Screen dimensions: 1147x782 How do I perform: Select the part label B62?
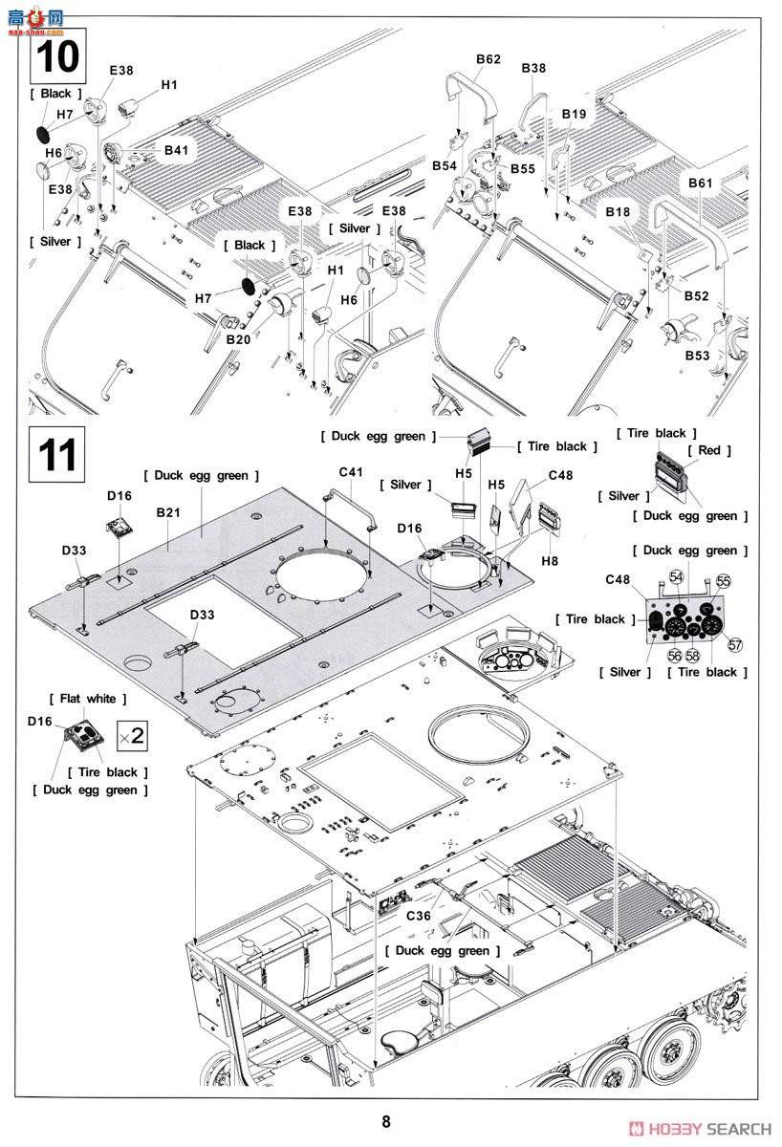pyautogui.click(x=489, y=59)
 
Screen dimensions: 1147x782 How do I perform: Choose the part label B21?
pyautogui.click(x=168, y=513)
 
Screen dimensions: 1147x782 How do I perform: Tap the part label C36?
pyautogui.click(x=418, y=915)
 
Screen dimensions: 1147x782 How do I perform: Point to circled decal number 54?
pyautogui.click(x=677, y=576)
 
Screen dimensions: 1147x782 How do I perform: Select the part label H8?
pyautogui.click(x=549, y=561)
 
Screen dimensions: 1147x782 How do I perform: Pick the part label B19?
pyautogui.click(x=575, y=114)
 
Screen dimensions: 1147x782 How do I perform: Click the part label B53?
pyautogui.click(x=697, y=356)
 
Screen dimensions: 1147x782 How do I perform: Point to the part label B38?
pyautogui.click(x=534, y=68)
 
